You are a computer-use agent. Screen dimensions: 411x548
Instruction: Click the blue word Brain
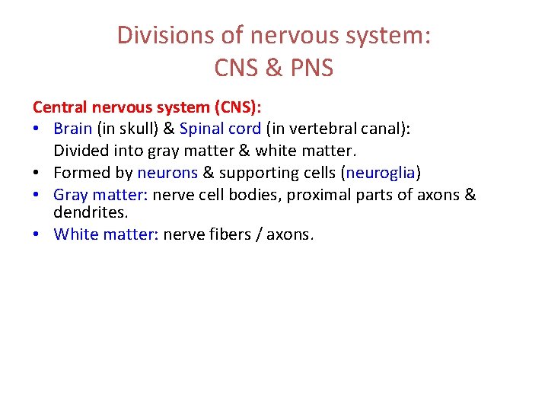point(73,129)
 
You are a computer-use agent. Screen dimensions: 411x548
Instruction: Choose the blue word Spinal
point(203,129)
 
